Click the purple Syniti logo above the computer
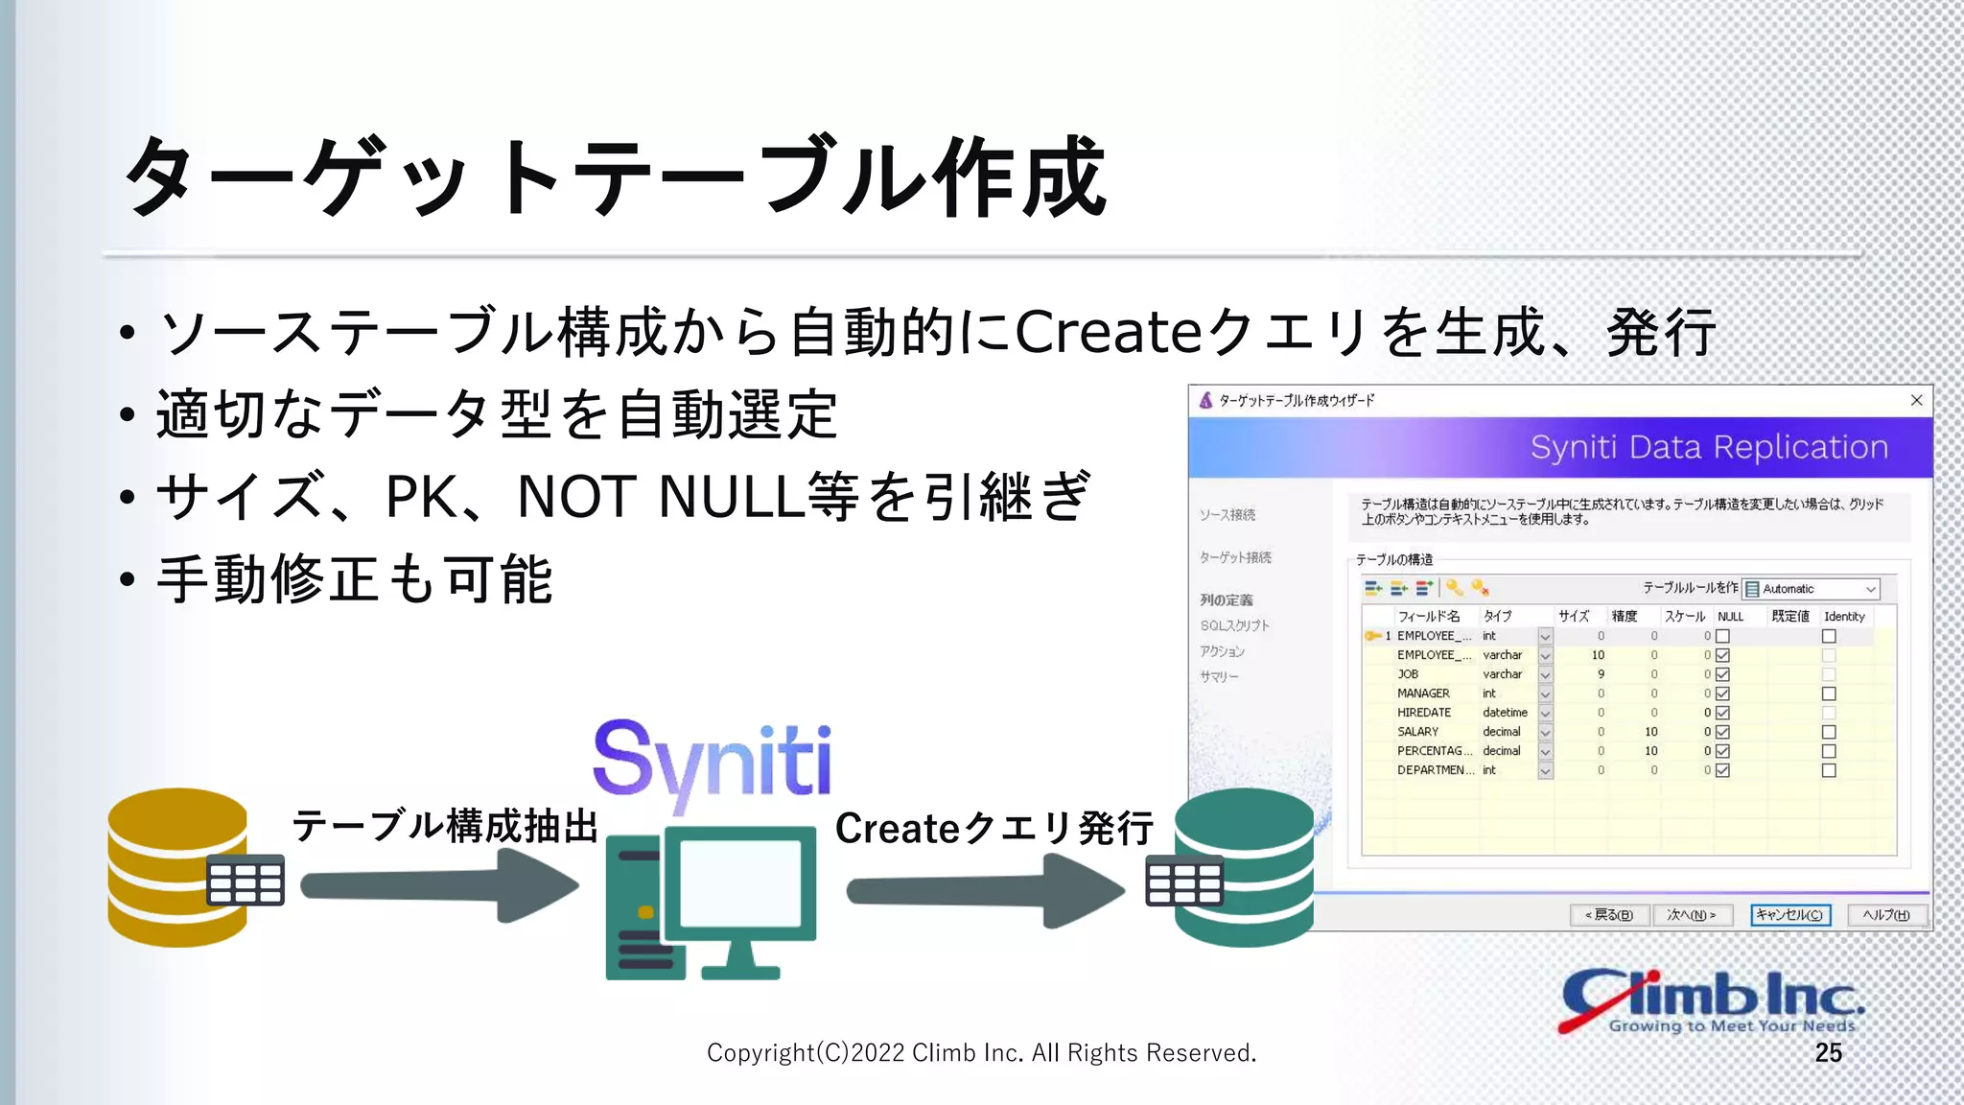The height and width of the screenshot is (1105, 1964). click(712, 763)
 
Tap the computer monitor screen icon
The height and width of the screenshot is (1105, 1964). click(740, 882)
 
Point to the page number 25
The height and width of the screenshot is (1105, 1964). click(1828, 1053)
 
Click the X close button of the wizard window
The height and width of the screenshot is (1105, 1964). click(1916, 400)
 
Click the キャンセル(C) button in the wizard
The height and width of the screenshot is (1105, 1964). click(1789, 915)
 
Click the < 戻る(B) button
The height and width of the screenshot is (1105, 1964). click(1608, 915)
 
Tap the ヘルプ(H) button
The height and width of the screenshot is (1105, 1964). click(1885, 915)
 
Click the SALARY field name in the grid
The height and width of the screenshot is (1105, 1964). click(1417, 732)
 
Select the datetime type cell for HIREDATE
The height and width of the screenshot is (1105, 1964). click(1505, 713)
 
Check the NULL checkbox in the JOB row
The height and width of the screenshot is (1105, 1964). click(1722, 674)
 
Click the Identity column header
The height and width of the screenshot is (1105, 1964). click(1843, 617)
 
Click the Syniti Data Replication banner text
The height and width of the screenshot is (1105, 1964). click(1708, 447)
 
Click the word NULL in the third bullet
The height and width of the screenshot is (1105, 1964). click(729, 497)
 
